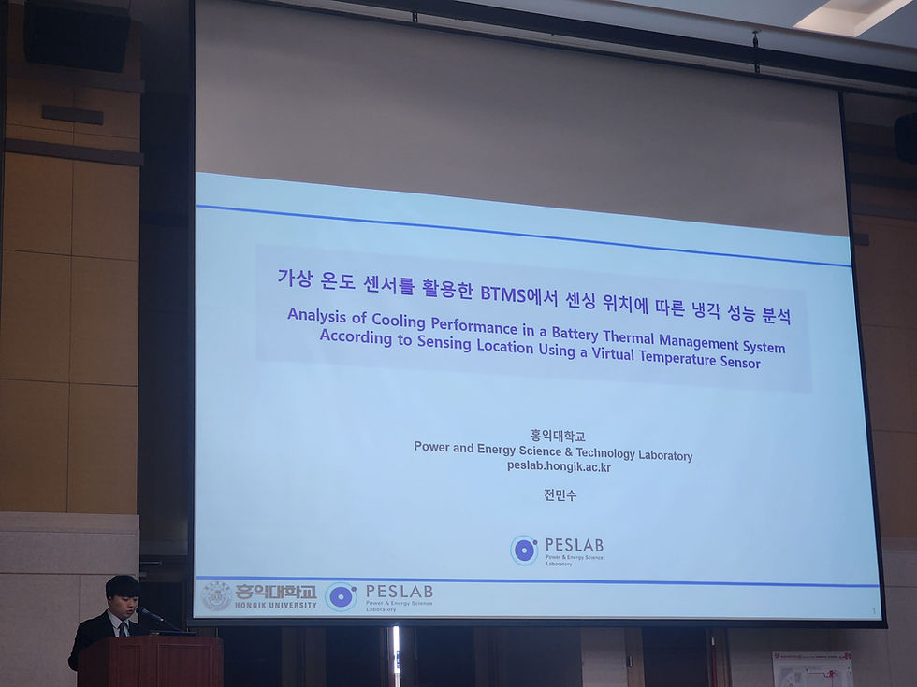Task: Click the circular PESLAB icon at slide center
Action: pos(524,550)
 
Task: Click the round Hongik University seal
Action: pos(216,595)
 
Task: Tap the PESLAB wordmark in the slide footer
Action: pos(398,592)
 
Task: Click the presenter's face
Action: pos(124,598)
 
